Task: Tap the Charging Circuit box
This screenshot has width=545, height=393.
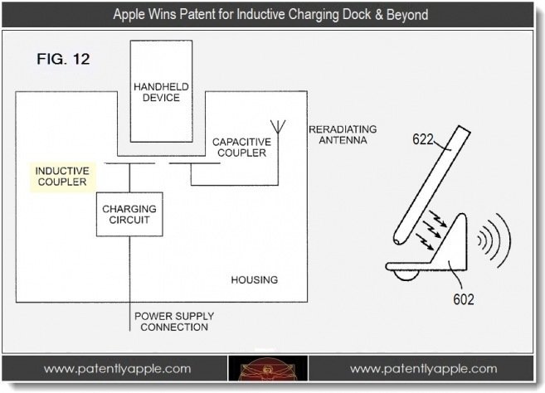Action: (129, 215)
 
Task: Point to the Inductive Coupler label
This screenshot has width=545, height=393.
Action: (61, 175)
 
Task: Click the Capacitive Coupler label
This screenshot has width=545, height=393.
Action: (239, 147)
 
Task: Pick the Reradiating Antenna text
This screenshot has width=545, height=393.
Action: (342, 134)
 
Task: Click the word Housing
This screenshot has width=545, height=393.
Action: (255, 279)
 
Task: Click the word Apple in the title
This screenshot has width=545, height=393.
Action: (134, 16)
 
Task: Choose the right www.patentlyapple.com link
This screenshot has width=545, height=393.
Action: (423, 369)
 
